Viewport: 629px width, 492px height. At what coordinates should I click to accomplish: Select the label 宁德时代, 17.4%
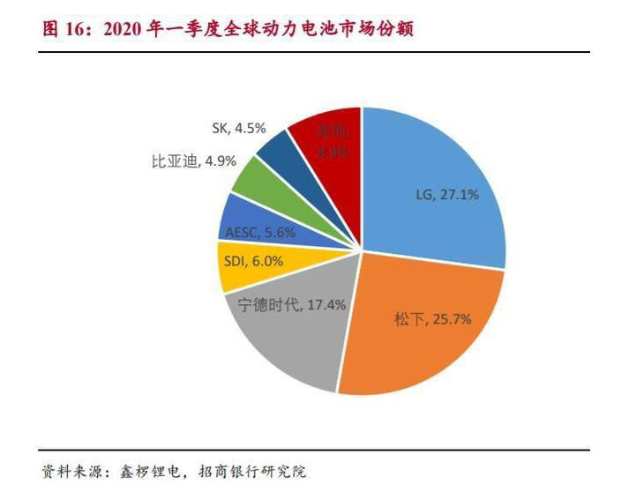(292, 304)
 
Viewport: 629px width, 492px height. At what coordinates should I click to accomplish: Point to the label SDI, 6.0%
(257, 262)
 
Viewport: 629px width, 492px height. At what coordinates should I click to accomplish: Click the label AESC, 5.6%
(259, 234)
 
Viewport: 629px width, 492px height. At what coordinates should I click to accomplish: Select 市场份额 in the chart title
(379, 29)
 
